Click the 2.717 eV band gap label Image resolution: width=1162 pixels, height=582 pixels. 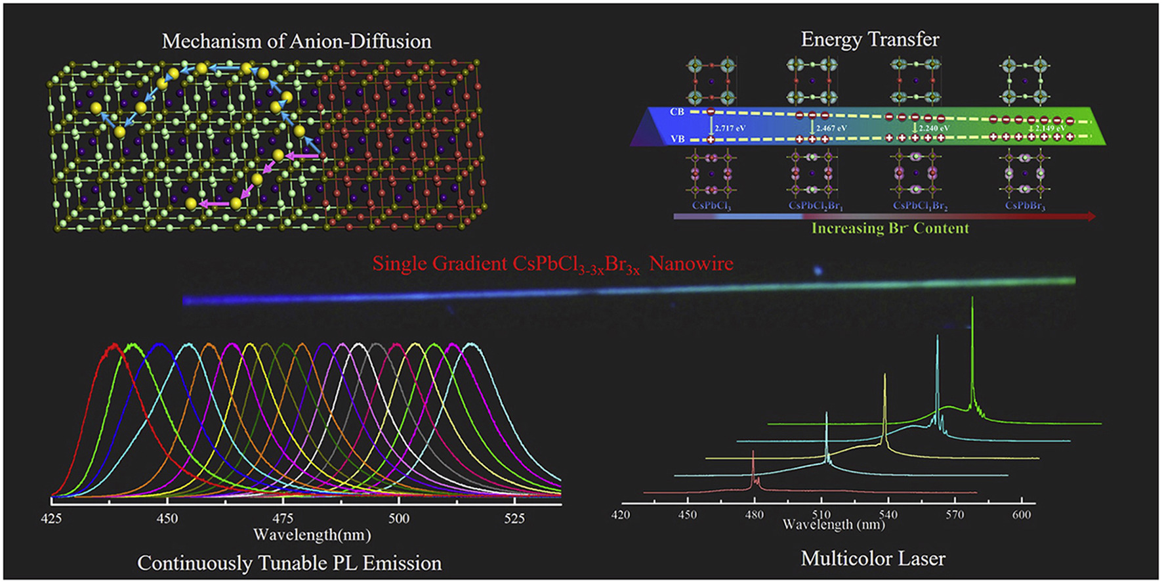(x=730, y=128)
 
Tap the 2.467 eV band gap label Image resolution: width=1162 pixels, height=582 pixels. (x=831, y=128)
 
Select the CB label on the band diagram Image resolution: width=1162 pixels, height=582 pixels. (x=677, y=112)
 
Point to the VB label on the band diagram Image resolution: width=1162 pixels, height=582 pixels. (x=677, y=139)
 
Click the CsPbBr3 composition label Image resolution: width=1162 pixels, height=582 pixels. (x=1025, y=206)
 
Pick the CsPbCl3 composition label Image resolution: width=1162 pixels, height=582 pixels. (x=711, y=206)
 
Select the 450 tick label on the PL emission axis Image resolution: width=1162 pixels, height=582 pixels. (x=167, y=518)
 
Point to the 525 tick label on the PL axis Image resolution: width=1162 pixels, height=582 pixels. (x=514, y=518)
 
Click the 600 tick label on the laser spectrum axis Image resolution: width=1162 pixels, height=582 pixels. (x=1022, y=514)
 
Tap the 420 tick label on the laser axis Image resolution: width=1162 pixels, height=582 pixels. (x=621, y=514)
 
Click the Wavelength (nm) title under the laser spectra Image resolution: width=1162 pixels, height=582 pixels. (x=833, y=525)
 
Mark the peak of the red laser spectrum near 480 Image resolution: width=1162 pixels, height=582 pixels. (x=753, y=452)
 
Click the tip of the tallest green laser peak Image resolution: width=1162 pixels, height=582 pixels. (x=972, y=298)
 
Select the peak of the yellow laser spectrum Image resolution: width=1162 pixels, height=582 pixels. (x=885, y=375)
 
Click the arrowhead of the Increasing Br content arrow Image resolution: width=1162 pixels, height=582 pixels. (x=1090, y=216)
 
